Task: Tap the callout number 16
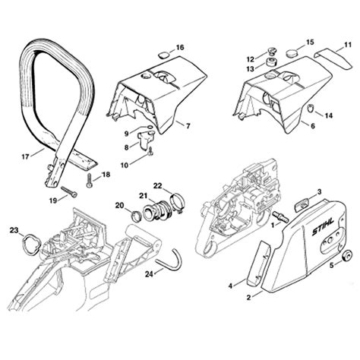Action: [179, 48]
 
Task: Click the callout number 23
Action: [14, 230]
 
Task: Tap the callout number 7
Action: [187, 123]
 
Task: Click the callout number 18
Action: [105, 175]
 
